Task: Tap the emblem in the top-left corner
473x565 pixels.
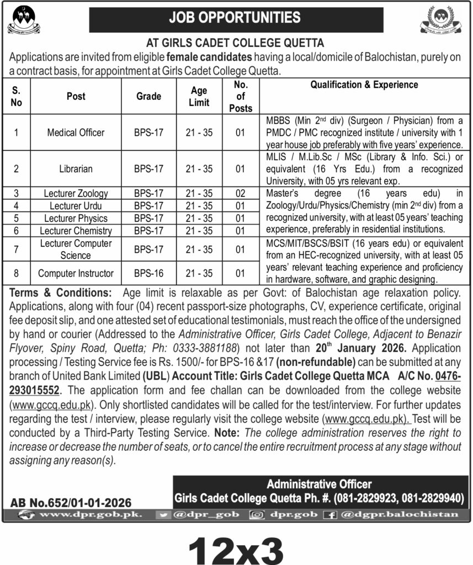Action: (x=23, y=20)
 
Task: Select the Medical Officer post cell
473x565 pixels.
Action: (x=76, y=132)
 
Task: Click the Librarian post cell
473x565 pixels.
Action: (x=76, y=169)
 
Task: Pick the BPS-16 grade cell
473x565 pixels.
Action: (x=148, y=273)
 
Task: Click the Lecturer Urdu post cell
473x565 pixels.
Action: (x=76, y=206)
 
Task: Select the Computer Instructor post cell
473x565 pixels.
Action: (x=76, y=273)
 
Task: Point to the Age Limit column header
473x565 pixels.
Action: (x=199, y=96)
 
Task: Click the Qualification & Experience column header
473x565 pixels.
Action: (x=364, y=85)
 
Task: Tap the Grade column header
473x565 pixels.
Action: (x=148, y=96)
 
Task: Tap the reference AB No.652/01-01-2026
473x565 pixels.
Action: (x=71, y=503)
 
